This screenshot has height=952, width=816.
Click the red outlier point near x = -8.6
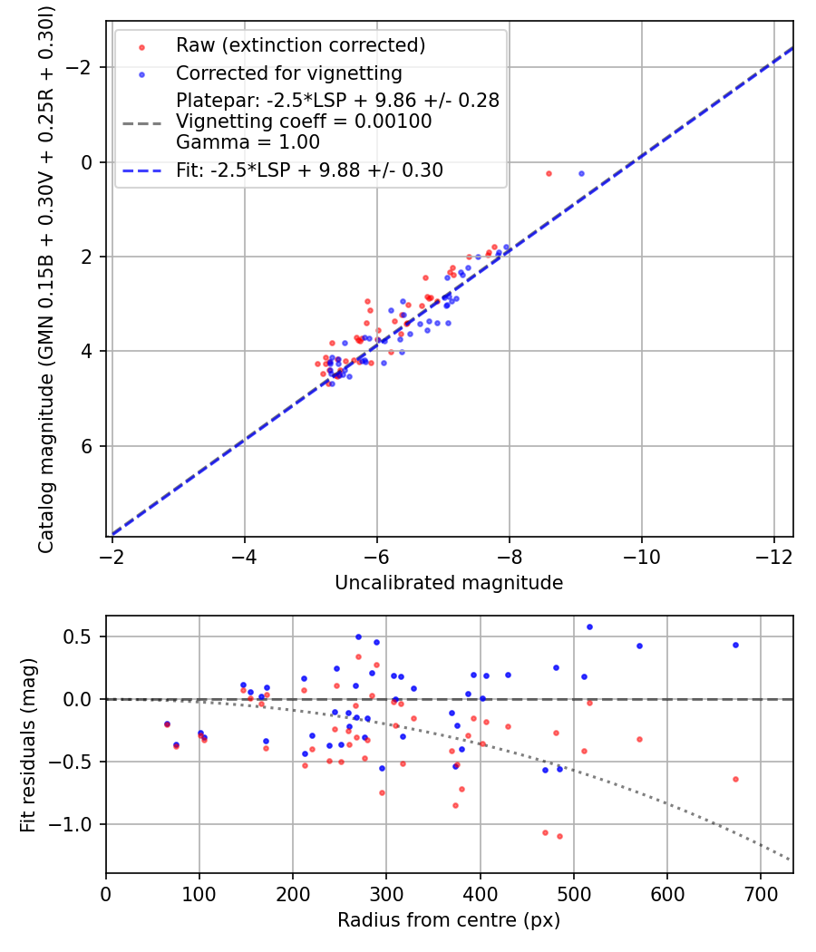coord(549,173)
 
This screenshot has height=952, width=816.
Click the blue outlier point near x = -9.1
coord(581,173)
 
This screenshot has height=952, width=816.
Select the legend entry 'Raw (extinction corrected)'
coord(300,45)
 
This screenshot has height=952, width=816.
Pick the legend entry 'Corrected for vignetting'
coord(288,73)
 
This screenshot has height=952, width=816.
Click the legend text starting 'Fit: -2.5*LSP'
coord(309,170)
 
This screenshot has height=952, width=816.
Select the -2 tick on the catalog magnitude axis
coord(86,68)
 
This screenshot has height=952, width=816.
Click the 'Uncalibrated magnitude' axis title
coord(449,583)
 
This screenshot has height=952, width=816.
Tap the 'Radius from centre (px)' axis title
coord(449,920)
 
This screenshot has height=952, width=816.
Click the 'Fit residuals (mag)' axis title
coord(28,744)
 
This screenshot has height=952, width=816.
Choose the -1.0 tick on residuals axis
coord(80,824)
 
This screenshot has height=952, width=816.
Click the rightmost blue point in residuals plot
coord(735,645)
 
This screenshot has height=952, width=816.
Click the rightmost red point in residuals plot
coord(735,779)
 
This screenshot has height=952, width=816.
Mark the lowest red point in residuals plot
coord(559,836)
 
